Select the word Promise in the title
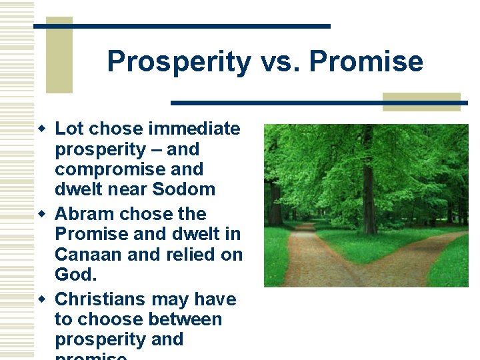pos(366,62)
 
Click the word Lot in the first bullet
pos(69,129)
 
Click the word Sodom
pos(184,189)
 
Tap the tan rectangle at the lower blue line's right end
pos(421,102)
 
